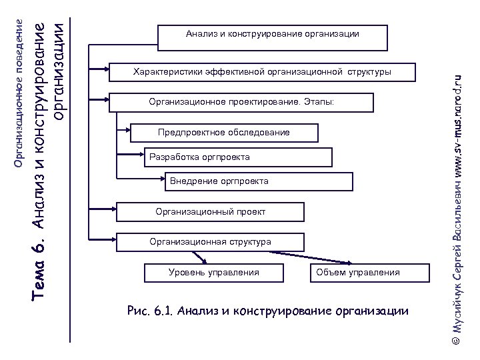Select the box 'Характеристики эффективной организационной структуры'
coord(263,72)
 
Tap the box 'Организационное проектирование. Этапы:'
coord(241,102)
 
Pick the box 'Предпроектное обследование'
coord(224,133)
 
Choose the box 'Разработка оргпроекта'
coord(200,157)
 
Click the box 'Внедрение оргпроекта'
coord(219,181)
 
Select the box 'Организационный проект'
coord(211,212)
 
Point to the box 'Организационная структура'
coord(211,242)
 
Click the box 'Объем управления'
coord(358,273)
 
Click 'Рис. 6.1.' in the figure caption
coord(150,311)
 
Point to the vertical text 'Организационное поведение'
coord(19,93)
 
